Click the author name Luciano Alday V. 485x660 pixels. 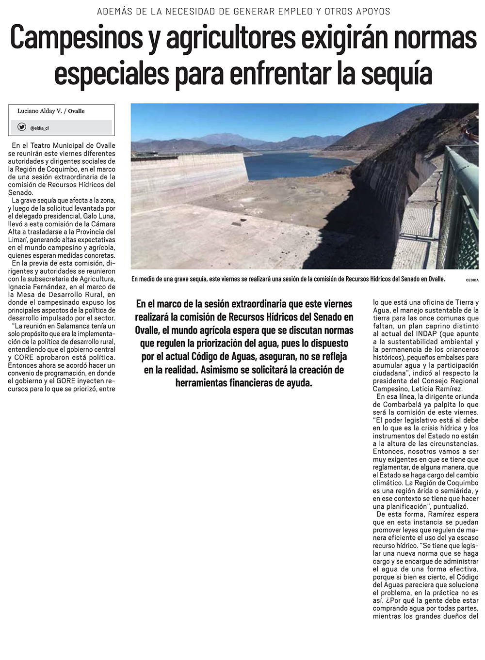pos(40,111)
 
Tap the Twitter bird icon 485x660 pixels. pos(22,127)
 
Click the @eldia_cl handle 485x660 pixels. pos(39,128)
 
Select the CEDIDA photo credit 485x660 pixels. pos(471,280)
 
